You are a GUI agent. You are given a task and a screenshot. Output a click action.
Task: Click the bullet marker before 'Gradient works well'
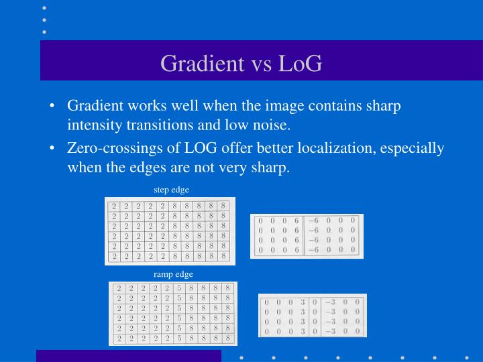point(52,106)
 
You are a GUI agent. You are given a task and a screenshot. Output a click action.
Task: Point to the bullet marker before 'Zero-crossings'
point(52,148)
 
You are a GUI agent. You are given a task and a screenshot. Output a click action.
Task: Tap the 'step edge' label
point(172,190)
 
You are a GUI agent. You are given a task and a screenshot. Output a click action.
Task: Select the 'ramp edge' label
point(173,274)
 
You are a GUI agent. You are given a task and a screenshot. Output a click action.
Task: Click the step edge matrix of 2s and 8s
point(170,231)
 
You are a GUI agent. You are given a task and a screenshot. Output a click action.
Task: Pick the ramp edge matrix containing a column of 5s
point(173,314)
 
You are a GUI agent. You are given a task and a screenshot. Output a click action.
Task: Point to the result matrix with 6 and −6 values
point(306,235)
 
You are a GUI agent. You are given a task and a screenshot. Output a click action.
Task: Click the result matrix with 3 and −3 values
point(313,315)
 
